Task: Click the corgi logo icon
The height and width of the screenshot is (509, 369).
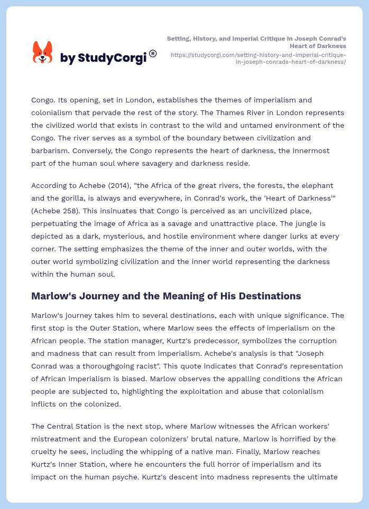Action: (43, 53)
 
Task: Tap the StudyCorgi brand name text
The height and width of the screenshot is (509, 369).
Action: (103, 59)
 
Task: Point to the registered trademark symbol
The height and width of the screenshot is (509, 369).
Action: (153, 53)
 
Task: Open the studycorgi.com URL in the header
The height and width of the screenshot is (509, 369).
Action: (259, 58)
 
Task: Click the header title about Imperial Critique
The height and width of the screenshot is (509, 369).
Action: (256, 42)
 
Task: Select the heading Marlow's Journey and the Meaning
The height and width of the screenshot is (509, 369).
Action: (166, 296)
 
